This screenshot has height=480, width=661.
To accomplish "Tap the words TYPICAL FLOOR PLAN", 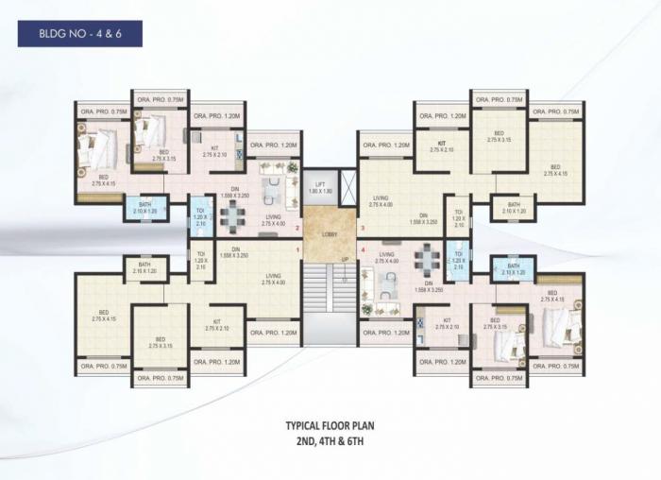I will pos(330,426).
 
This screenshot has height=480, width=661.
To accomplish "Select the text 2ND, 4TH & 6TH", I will pos(330,439).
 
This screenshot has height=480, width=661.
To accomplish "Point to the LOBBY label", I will pos(330,233).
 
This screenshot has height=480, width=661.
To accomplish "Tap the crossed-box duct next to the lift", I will pos(347,185).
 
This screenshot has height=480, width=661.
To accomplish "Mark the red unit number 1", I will pos(298,249).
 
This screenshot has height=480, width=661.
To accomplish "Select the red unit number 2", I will pos(298,228).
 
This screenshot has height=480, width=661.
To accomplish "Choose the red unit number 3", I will pos(362,228).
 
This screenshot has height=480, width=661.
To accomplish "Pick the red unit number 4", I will pos(362,249).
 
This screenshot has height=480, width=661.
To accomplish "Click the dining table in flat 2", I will pos(231,217).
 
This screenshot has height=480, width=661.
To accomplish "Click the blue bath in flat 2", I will pos(144,208).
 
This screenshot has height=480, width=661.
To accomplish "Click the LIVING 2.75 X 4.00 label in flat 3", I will pos(381,200).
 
